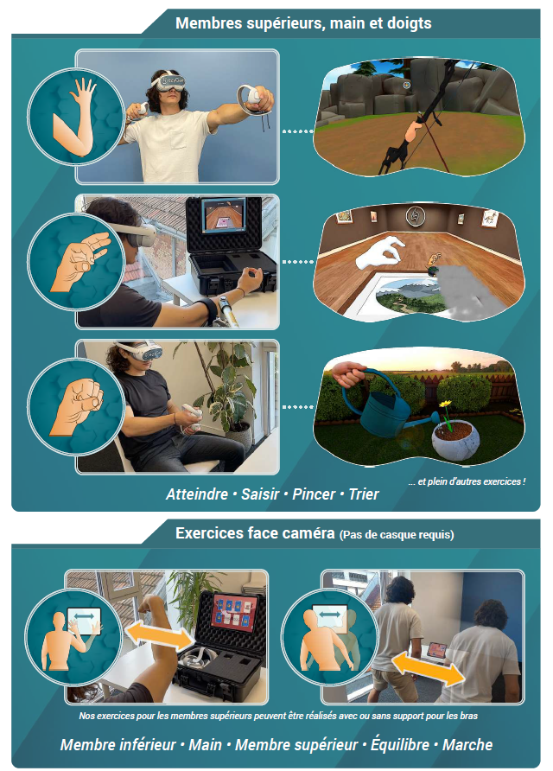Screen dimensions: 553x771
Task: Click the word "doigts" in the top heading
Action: [x=409, y=23]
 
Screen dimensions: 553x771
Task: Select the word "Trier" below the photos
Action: [x=364, y=494]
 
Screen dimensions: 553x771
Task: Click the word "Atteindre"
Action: [x=197, y=494]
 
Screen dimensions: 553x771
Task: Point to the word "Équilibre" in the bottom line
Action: [x=400, y=744]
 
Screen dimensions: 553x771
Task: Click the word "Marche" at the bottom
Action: [x=467, y=745]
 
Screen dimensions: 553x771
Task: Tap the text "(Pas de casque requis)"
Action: [x=397, y=534]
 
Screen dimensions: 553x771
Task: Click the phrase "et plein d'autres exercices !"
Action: [x=472, y=482]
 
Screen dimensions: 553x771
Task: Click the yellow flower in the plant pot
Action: [x=445, y=405]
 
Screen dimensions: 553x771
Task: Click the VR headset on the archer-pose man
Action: [x=168, y=81]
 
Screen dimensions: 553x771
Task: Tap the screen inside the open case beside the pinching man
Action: [x=224, y=215]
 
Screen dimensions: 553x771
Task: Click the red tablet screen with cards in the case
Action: [x=234, y=612]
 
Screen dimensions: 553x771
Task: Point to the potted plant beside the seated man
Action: [x=224, y=388]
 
